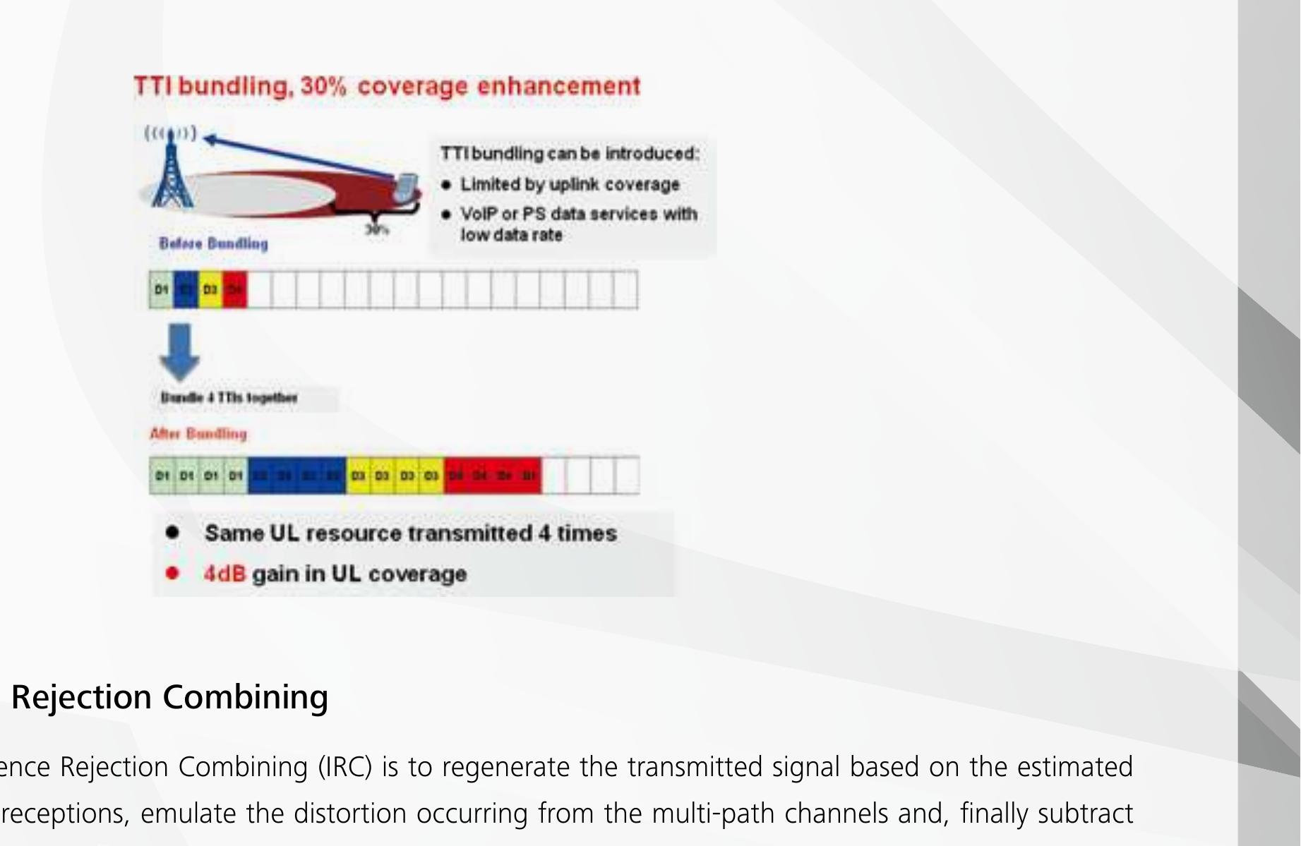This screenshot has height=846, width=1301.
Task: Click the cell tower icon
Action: (x=169, y=173)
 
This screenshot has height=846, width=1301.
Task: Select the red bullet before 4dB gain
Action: (x=172, y=573)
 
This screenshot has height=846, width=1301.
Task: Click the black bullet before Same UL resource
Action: (x=172, y=533)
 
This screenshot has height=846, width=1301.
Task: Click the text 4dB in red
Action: (x=224, y=574)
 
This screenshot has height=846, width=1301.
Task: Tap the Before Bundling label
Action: (x=213, y=243)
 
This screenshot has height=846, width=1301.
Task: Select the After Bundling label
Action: (x=198, y=433)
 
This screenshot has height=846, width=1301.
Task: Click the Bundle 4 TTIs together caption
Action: (x=229, y=397)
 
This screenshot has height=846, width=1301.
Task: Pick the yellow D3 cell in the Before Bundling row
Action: (x=210, y=290)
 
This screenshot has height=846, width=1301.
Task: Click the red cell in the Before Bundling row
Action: (x=235, y=290)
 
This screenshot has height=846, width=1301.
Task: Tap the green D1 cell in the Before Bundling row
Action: (x=161, y=290)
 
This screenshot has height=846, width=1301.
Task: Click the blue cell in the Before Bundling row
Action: (x=186, y=290)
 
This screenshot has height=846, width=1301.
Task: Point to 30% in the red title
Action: (x=323, y=87)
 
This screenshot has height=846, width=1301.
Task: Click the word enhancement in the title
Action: (x=558, y=87)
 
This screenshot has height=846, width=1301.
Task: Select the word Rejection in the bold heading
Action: (x=81, y=697)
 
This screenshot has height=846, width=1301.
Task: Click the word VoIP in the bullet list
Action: (x=479, y=214)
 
